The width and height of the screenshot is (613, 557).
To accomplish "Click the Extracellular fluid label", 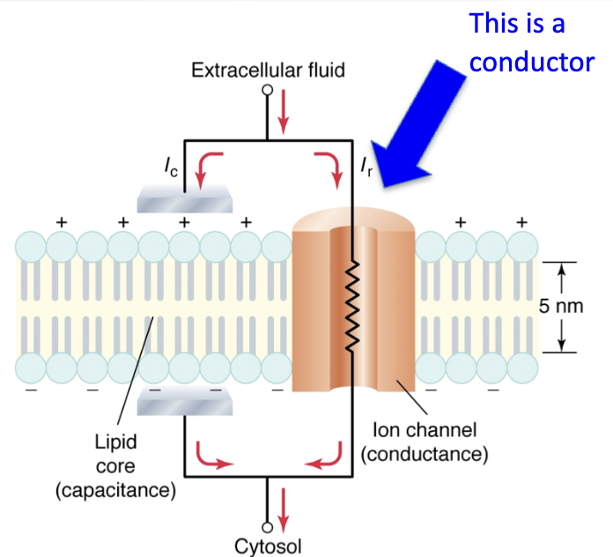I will coord(268,70).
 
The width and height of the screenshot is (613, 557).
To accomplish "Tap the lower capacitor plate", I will coord(186,405).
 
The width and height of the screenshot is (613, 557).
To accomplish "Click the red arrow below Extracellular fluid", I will coord(284,108).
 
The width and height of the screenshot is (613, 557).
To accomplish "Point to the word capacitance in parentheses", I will coord(115,490).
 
